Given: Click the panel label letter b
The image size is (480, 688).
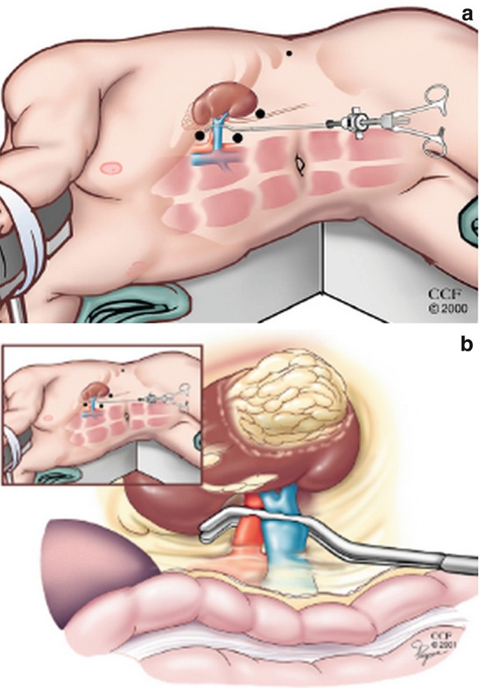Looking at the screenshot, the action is click(466, 344).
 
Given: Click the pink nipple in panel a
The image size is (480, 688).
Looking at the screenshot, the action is click(109, 168).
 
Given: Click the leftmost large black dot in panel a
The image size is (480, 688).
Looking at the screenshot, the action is click(201, 135).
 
